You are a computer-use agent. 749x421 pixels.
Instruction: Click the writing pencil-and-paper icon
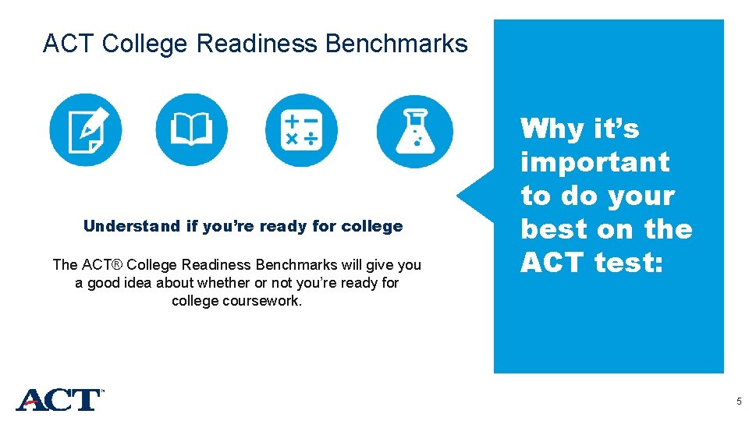click(x=86, y=130)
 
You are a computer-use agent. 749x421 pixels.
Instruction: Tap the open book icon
click(x=192, y=130)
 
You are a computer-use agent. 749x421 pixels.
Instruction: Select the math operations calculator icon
click(x=301, y=130)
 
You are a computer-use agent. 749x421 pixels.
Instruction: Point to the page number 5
click(x=738, y=402)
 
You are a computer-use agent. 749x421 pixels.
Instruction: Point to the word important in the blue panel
click(x=595, y=162)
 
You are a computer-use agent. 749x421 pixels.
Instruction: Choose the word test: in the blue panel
click(x=628, y=264)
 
